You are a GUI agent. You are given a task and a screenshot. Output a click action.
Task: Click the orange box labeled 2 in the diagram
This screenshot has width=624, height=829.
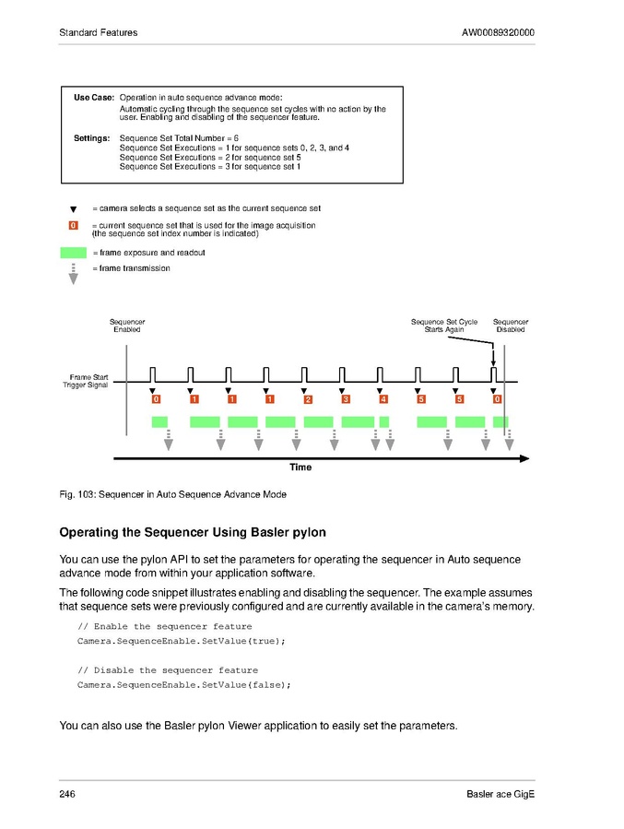(x=308, y=399)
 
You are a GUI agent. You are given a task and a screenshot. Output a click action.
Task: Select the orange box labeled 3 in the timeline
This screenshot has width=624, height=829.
(x=346, y=399)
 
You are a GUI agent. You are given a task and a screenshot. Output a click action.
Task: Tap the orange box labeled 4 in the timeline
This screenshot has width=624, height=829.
(x=383, y=399)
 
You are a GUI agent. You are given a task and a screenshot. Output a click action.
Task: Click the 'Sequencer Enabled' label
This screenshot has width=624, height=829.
(x=127, y=326)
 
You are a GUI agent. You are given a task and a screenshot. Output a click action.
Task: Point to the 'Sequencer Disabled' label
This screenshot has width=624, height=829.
(x=511, y=326)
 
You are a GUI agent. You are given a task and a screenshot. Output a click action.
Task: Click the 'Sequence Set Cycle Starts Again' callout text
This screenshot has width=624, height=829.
(x=444, y=326)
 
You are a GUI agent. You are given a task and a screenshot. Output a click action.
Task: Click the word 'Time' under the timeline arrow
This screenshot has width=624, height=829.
(x=300, y=468)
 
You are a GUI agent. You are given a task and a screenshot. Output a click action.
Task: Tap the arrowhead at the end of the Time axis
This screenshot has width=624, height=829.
(x=524, y=457)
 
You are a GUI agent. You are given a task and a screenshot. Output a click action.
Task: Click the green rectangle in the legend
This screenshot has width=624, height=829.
(x=73, y=253)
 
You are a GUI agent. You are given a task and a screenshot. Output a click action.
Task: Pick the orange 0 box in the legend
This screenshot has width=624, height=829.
(x=73, y=226)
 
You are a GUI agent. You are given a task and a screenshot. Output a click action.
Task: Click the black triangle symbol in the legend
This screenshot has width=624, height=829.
(x=73, y=209)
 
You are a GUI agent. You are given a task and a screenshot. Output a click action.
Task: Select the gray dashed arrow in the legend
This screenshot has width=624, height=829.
(x=73, y=273)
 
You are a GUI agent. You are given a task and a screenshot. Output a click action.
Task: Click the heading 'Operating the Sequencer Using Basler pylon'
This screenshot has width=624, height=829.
(x=193, y=533)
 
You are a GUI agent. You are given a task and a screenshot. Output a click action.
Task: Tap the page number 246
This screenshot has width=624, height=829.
(x=67, y=795)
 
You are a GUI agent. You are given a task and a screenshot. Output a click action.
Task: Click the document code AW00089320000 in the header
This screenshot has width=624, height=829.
(x=498, y=33)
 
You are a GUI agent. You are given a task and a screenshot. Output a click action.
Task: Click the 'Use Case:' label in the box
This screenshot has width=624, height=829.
(x=93, y=97)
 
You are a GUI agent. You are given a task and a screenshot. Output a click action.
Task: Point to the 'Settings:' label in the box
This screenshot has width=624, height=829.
(x=91, y=137)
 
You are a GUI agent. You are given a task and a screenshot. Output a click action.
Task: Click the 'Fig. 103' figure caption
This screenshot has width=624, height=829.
(x=172, y=494)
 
